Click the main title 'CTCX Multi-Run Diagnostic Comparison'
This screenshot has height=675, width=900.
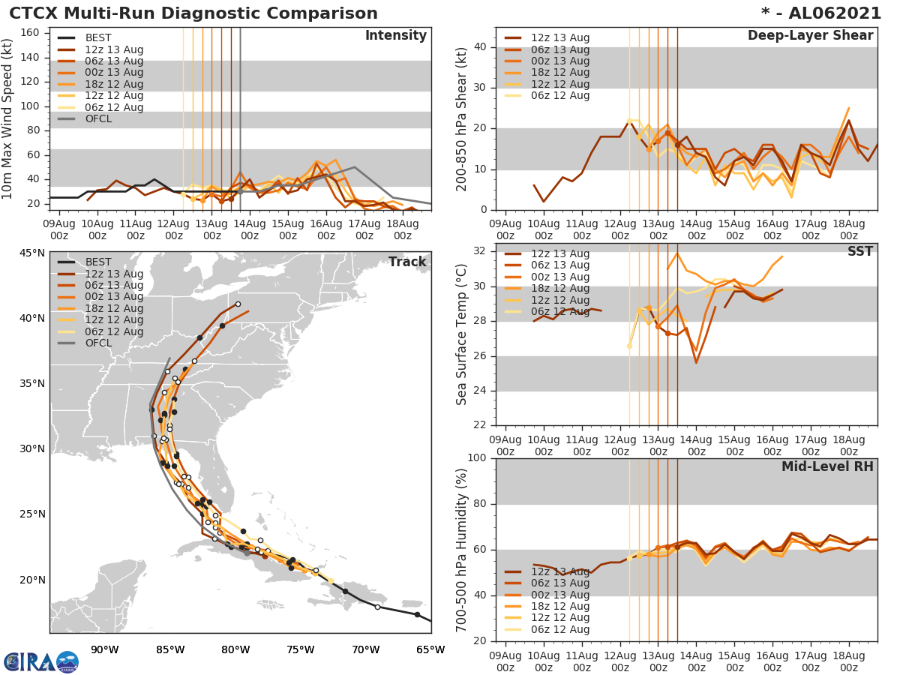193,13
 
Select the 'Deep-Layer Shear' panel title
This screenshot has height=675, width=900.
810,36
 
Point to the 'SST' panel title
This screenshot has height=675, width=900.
859,251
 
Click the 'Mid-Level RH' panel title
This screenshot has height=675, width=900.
827,466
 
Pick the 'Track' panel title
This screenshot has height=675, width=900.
406,262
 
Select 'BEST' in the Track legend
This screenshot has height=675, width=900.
98,262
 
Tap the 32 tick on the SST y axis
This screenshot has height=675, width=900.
479,251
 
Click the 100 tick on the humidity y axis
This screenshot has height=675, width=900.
476,458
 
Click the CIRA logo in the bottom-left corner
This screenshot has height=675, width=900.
40,662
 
